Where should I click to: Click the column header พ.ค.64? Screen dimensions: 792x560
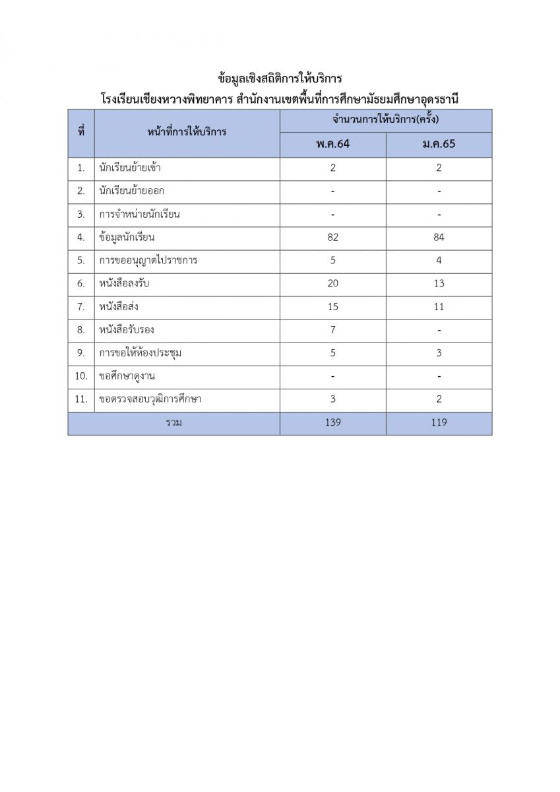333,145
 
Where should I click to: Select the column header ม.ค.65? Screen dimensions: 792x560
439,145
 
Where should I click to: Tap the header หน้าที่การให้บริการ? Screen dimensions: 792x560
187,132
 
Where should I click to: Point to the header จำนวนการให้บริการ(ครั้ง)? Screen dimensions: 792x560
386,120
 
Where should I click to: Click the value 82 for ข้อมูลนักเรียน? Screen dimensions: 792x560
333,238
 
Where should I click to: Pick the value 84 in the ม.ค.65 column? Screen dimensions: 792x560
439,238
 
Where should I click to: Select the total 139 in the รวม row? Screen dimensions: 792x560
333,422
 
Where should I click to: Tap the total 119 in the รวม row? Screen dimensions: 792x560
439,422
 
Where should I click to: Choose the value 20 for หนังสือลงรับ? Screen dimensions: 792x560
333,284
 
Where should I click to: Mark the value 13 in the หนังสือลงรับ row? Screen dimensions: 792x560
439,284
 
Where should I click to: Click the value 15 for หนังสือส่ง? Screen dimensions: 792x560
333,307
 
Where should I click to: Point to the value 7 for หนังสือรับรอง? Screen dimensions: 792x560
333,330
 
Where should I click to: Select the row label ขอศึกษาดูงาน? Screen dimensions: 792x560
127,376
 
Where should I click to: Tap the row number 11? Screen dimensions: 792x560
81,399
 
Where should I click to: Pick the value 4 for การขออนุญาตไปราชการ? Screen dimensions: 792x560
439,261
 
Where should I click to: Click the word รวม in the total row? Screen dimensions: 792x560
173,422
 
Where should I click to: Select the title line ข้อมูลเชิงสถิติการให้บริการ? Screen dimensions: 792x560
280,79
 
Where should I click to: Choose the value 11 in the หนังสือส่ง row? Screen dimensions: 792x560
439,307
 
